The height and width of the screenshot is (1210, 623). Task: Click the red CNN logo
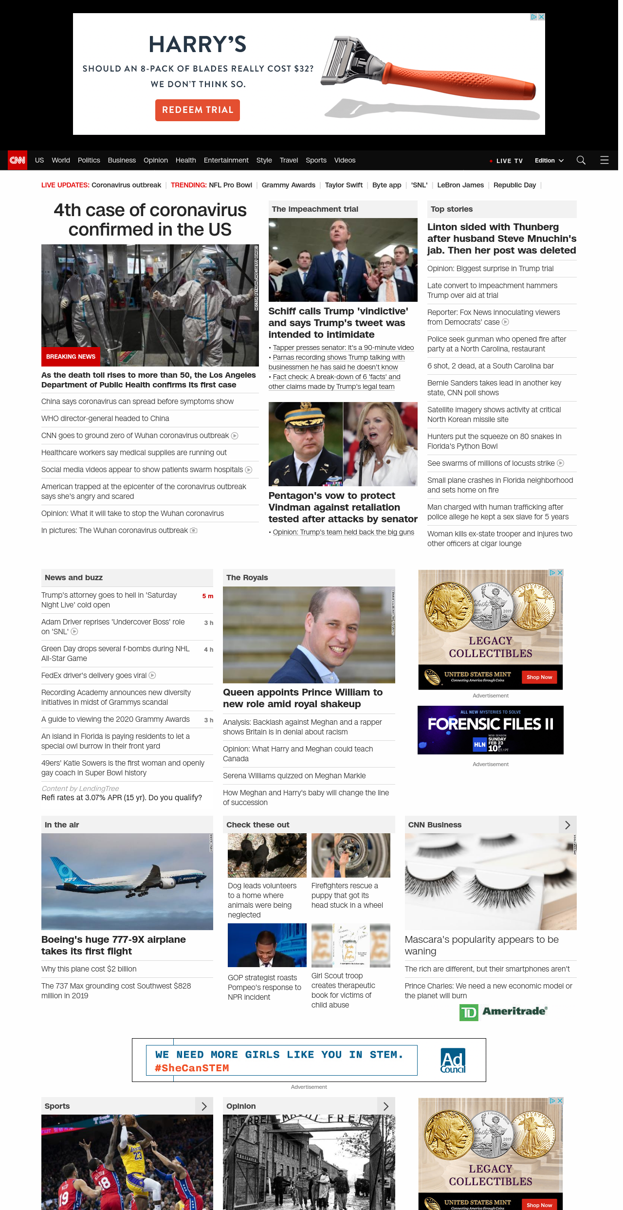click(x=18, y=160)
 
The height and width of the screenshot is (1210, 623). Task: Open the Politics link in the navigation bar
click(x=89, y=160)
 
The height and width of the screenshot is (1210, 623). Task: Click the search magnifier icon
click(x=581, y=160)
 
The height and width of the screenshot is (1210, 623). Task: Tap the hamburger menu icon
click(x=605, y=160)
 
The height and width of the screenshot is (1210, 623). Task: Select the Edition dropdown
click(x=549, y=161)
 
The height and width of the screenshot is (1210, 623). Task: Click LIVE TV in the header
click(x=509, y=161)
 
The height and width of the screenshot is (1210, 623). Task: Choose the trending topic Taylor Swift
click(x=344, y=185)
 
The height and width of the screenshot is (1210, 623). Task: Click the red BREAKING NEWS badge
click(x=71, y=357)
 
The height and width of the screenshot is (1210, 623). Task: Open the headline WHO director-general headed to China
click(x=105, y=419)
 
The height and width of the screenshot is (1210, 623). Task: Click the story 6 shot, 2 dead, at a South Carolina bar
click(x=491, y=366)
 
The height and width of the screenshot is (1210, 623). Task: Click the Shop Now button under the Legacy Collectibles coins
click(x=539, y=677)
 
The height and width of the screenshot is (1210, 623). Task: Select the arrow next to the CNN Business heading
click(x=568, y=825)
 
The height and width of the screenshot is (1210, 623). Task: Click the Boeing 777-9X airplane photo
click(x=127, y=881)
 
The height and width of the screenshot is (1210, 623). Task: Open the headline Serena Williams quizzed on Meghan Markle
click(x=294, y=776)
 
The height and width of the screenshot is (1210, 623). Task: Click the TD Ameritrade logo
click(x=504, y=1012)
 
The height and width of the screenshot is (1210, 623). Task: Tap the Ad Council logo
click(x=453, y=1061)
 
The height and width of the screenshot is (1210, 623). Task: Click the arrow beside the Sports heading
click(x=204, y=1106)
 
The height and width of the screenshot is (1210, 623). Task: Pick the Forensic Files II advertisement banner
click(x=491, y=730)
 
